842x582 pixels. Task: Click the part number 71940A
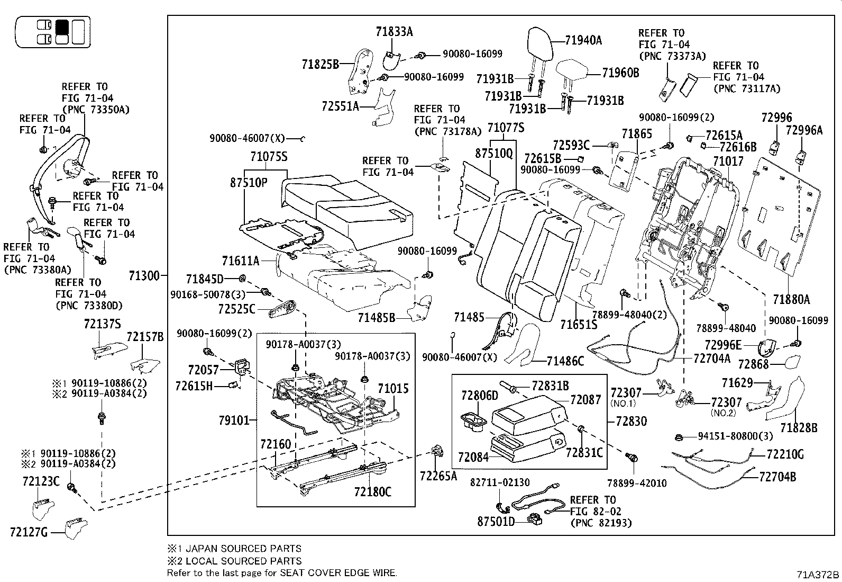pyautogui.click(x=583, y=40)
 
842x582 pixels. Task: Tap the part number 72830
pyautogui.click(x=631, y=421)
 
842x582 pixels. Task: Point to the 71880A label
pyautogui.click(x=791, y=300)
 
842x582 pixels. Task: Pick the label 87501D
pyautogui.click(x=496, y=522)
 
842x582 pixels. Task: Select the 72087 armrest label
pyautogui.click(x=585, y=400)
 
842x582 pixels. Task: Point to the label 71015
pyautogui.click(x=393, y=389)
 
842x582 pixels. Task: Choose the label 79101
pyautogui.click(x=234, y=420)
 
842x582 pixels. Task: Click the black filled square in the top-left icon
pyautogui.click(x=62, y=26)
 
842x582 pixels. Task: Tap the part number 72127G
pyautogui.click(x=29, y=532)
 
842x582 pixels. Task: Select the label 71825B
pyautogui.click(x=320, y=65)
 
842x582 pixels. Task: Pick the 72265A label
pyautogui.click(x=438, y=476)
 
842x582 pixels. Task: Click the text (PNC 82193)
pyautogui.click(x=601, y=523)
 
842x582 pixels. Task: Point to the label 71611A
pyautogui.click(x=241, y=261)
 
